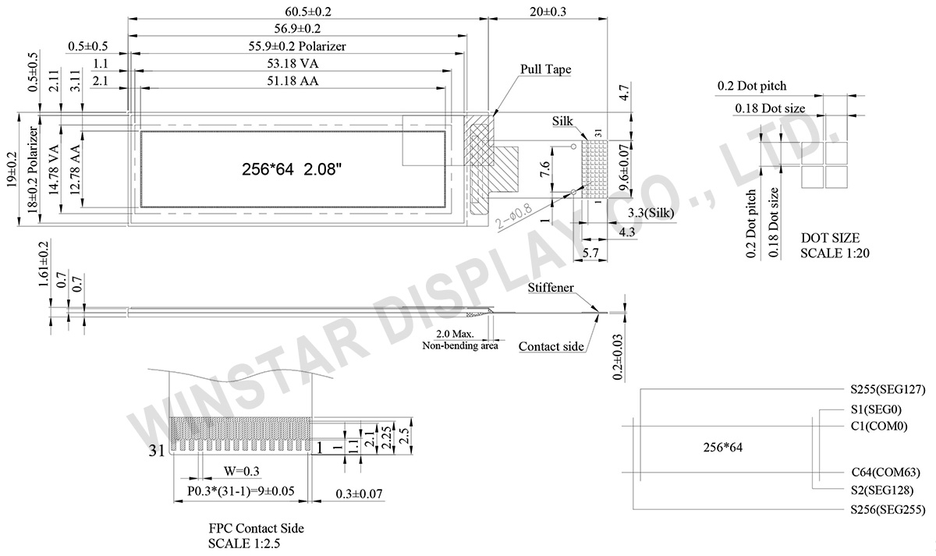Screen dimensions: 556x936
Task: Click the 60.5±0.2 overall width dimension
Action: [x=308, y=11]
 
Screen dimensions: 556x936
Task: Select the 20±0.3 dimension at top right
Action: [x=548, y=11]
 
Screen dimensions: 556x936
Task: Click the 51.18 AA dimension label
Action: [x=292, y=80]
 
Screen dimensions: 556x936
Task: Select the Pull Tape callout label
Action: [x=545, y=69]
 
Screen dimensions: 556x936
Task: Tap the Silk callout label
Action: [x=562, y=122]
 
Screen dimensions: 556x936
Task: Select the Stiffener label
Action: [x=550, y=288]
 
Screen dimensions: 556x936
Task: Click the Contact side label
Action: [x=551, y=346]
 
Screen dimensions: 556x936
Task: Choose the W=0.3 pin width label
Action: [x=241, y=471]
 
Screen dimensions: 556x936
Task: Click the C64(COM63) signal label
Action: [x=885, y=473]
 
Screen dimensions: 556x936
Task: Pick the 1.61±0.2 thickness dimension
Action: [x=44, y=264]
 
